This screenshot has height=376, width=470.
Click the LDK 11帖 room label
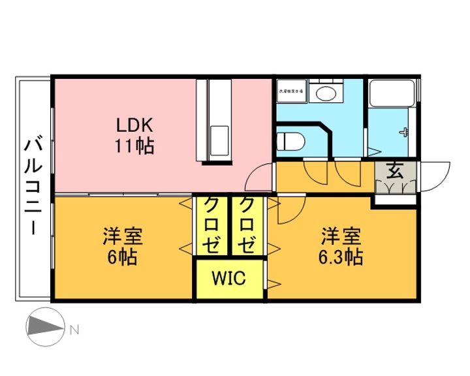pyautogui.click(x=135, y=135)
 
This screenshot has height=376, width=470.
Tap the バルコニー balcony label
pyautogui.click(x=33, y=187)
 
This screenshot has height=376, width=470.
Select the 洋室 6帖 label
pyautogui.click(x=122, y=245)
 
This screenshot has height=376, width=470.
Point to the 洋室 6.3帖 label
pyautogui.click(x=340, y=245)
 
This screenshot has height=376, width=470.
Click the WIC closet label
pyautogui.click(x=228, y=279)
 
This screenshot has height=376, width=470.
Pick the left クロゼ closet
pyautogui.click(x=212, y=225)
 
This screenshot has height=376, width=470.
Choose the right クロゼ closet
pyautogui.click(x=247, y=225)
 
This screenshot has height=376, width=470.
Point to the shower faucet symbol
pyautogui.click(x=405, y=131)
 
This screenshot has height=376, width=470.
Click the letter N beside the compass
pyautogui.click(x=74, y=330)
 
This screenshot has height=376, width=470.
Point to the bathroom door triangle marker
pyautogui.click(x=375, y=151)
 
